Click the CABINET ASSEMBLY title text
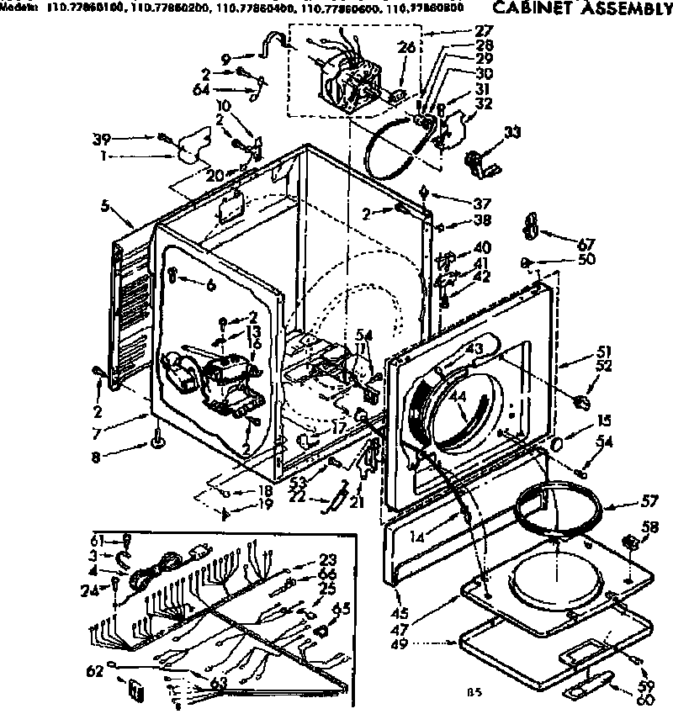pyautogui.click(x=580, y=9)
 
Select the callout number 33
pyautogui.click(x=511, y=131)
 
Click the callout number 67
pyautogui.click(x=586, y=244)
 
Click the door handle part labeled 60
pyautogui.click(x=589, y=687)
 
